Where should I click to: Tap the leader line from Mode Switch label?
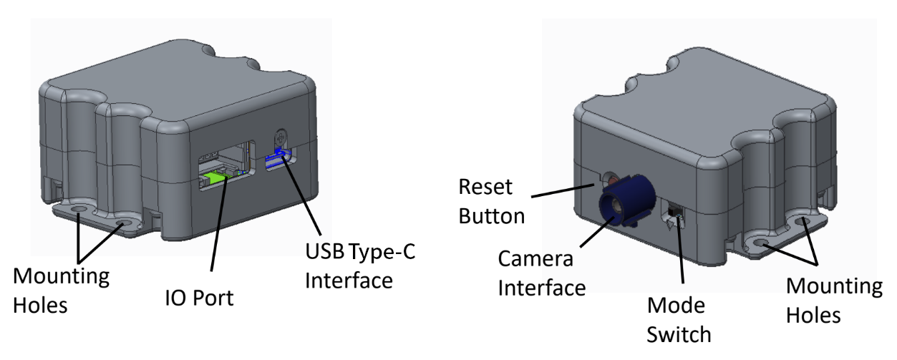click(x=679, y=250)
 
